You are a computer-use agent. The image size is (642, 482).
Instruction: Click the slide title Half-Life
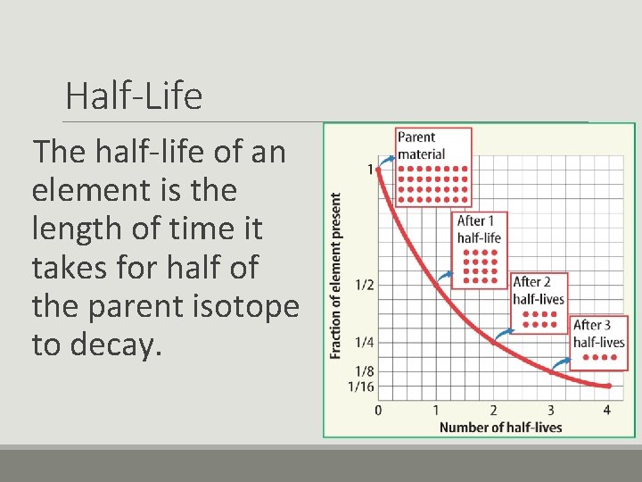pos(134,96)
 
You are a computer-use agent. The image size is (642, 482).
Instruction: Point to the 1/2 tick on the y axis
pos(365,285)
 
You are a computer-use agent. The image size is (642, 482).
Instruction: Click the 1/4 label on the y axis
pos(365,342)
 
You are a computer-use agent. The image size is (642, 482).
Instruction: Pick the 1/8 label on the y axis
pos(365,371)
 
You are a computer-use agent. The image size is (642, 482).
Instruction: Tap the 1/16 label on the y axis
pos(361,386)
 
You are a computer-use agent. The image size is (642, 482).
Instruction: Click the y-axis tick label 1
pos(369,169)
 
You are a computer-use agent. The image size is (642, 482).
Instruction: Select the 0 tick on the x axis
pos(378,410)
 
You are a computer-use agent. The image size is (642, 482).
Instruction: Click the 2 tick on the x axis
pos(493,410)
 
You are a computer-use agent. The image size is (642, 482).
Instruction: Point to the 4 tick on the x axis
pos(607,410)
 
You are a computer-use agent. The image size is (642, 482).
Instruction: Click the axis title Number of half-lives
pos(500,427)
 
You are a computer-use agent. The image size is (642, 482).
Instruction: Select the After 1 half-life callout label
pos(480,229)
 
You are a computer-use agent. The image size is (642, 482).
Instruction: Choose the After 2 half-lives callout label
pos(539,290)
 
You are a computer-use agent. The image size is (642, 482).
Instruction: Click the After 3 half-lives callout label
pos(598,334)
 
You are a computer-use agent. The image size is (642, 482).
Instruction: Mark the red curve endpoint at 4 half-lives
pos(608,386)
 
